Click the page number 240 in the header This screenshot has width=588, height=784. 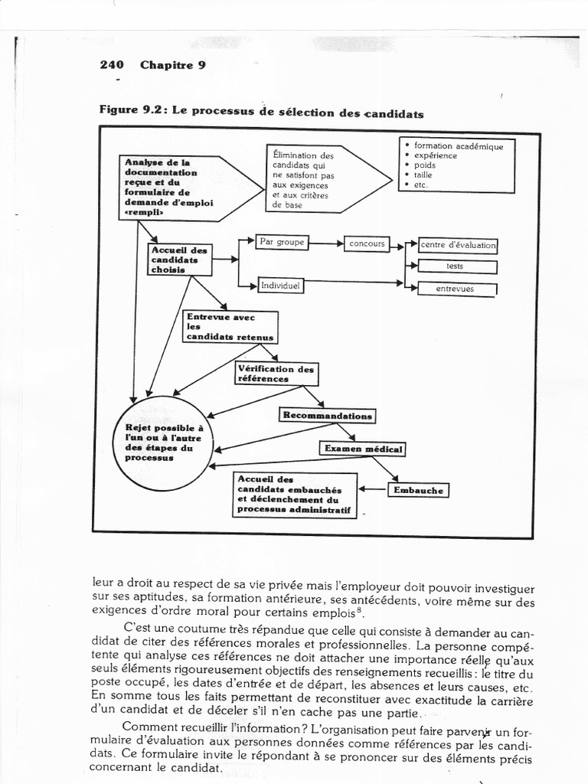[x=112, y=64]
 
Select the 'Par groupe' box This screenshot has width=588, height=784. [x=283, y=242]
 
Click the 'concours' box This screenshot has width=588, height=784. [x=367, y=243]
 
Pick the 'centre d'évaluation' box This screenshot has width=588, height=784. [x=458, y=246]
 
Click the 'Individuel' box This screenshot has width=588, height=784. [x=281, y=285]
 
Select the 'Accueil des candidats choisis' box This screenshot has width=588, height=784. [x=179, y=260]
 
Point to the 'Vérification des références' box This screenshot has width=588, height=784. [x=276, y=374]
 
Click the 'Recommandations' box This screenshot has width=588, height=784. [x=327, y=416]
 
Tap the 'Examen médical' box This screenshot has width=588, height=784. [x=362, y=449]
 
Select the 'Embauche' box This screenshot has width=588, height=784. [x=418, y=490]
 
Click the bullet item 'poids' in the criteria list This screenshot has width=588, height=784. [x=425, y=165]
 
